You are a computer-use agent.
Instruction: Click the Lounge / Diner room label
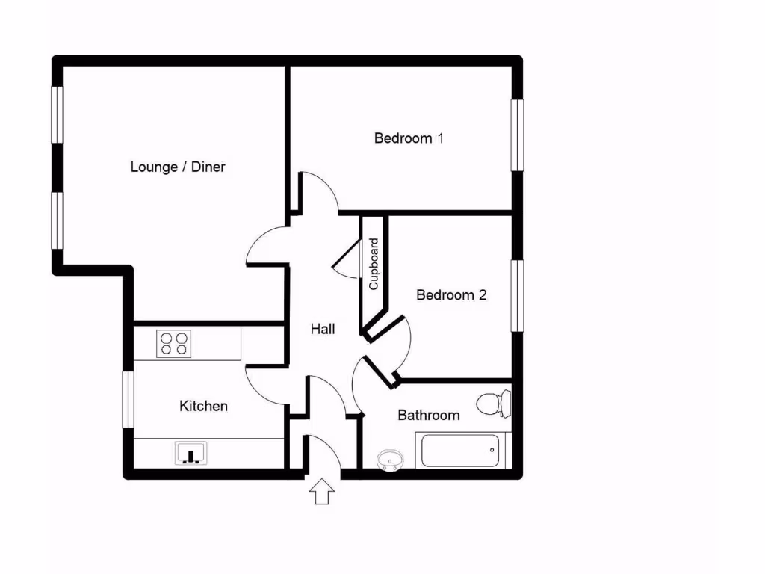tap(178, 167)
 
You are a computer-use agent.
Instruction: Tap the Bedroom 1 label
tap(409, 138)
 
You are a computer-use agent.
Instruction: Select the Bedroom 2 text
tap(451, 295)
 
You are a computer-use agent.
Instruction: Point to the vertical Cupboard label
tap(374, 264)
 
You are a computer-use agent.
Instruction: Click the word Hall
tap(323, 329)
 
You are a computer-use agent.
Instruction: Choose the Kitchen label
tap(203, 406)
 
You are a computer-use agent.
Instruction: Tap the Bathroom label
tap(428, 415)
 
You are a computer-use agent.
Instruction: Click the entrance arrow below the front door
tap(322, 492)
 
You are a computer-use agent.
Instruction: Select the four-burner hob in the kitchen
tap(174, 343)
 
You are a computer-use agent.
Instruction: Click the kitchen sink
tap(191, 453)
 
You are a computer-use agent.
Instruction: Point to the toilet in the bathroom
tap(494, 404)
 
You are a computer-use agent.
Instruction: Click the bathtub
tap(459, 451)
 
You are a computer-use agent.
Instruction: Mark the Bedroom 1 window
tap(517, 135)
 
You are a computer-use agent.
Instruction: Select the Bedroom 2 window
tap(517, 294)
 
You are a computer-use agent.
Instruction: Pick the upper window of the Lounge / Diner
tap(57, 114)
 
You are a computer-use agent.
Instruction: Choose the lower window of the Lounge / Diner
tap(57, 220)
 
